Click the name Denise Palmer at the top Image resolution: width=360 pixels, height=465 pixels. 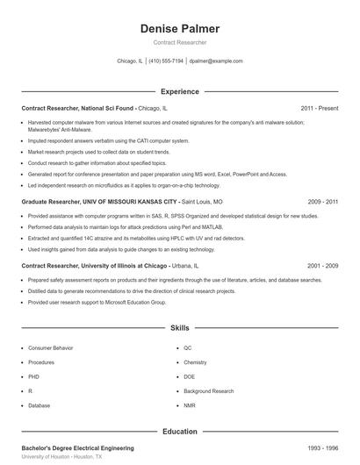point(180,29)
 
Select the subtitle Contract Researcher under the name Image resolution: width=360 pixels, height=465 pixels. point(180,42)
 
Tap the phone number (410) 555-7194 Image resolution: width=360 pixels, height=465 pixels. point(166,61)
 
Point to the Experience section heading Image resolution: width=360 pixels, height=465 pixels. point(180,91)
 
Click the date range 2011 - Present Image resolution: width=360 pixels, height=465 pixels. point(319,108)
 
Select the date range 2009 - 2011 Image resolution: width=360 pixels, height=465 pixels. point(322,201)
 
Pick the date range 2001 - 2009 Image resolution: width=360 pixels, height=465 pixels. point(322,265)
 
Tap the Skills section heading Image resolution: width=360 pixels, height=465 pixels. point(180,328)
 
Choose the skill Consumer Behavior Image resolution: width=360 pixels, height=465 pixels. point(51,347)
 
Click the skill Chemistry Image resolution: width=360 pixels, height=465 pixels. point(195,362)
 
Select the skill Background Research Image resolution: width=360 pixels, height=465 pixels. point(209,391)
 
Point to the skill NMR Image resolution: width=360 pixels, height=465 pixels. point(189,405)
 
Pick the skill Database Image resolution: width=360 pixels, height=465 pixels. point(40,405)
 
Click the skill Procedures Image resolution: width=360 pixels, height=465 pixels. point(41,362)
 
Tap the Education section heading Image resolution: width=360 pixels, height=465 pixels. point(180,432)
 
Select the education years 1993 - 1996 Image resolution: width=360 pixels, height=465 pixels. point(322,448)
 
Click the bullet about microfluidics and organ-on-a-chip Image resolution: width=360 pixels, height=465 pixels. point(124,185)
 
